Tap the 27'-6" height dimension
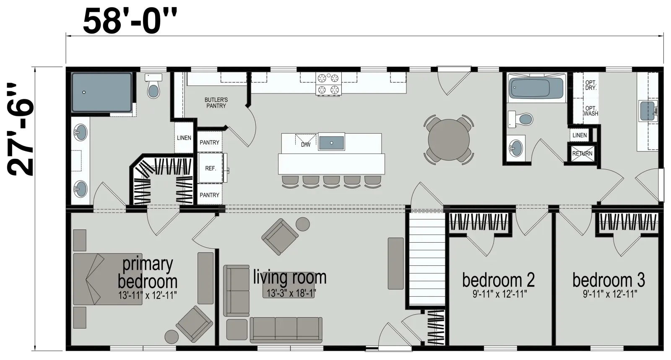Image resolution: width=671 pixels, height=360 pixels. coord(20,129)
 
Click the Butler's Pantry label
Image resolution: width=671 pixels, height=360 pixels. coord(216,103)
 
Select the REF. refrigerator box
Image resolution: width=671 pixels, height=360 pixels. coord(210,168)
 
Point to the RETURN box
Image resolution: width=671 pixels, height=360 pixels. coord(583,153)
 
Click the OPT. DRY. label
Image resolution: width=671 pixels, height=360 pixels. coord(590,85)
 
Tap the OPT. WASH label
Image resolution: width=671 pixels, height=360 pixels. coord(590,111)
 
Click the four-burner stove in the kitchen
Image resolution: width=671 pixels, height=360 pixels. coord(328,83)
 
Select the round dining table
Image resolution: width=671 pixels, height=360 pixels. coord(448,140)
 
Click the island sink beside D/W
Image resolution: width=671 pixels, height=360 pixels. coord(331,143)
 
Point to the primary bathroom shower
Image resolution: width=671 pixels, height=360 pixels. coord(101,92)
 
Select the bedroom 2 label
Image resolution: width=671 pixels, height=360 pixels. coord(498,280)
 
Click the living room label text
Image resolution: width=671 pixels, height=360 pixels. coord(290,277)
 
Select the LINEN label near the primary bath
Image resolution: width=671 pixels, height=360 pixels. coord(184,137)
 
